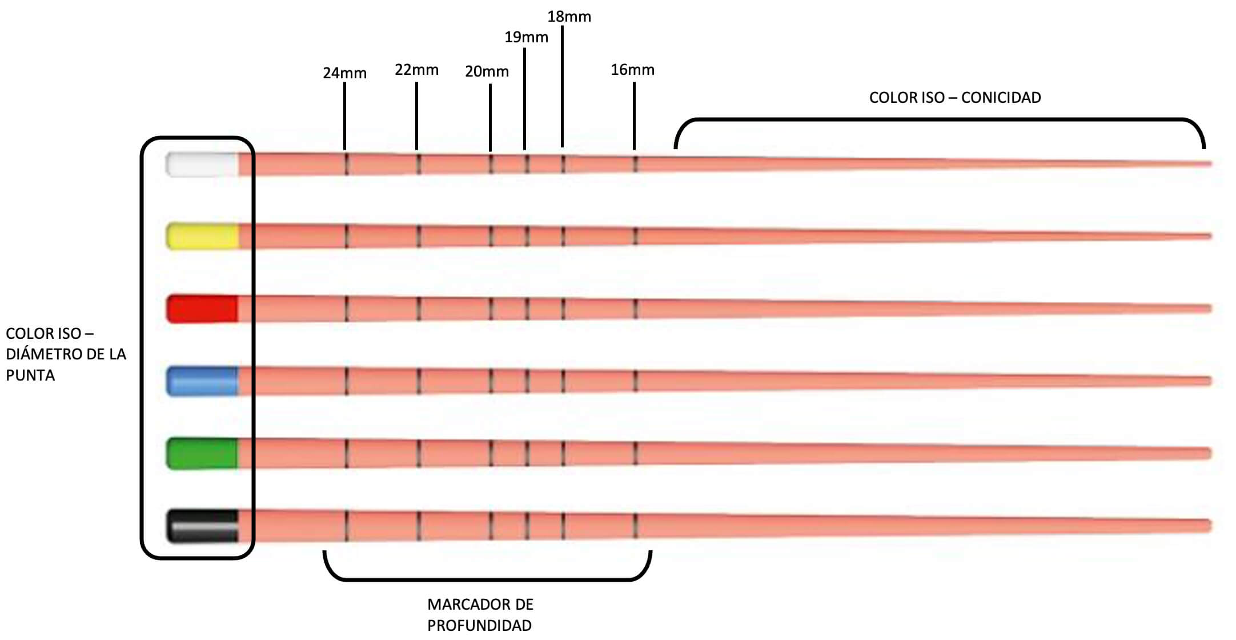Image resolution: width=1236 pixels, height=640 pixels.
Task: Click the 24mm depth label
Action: (344, 73)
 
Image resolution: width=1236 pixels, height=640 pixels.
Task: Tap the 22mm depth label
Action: (416, 70)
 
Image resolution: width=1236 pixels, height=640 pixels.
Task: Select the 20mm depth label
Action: (487, 71)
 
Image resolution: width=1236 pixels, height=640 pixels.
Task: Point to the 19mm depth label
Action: (526, 37)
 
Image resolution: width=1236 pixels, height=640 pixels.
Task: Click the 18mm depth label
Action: (569, 17)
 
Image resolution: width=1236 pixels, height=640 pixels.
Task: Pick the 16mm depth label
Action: (632, 70)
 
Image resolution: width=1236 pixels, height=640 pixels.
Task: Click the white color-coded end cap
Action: (202, 165)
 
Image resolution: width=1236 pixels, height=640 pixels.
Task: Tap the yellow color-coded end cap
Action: (202, 236)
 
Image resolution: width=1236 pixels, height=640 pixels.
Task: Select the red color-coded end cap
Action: (202, 309)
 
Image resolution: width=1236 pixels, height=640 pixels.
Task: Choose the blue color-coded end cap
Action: (202, 381)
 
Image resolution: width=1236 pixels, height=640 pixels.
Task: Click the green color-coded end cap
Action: (202, 454)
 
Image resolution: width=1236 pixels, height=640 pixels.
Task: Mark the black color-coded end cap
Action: (202, 526)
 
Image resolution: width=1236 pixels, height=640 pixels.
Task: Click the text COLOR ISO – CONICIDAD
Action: (954, 98)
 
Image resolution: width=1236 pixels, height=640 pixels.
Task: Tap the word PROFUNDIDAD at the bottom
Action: (479, 625)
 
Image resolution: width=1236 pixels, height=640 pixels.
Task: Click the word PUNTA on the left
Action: (30, 375)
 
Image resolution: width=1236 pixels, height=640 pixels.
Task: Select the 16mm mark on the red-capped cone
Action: (635, 309)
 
